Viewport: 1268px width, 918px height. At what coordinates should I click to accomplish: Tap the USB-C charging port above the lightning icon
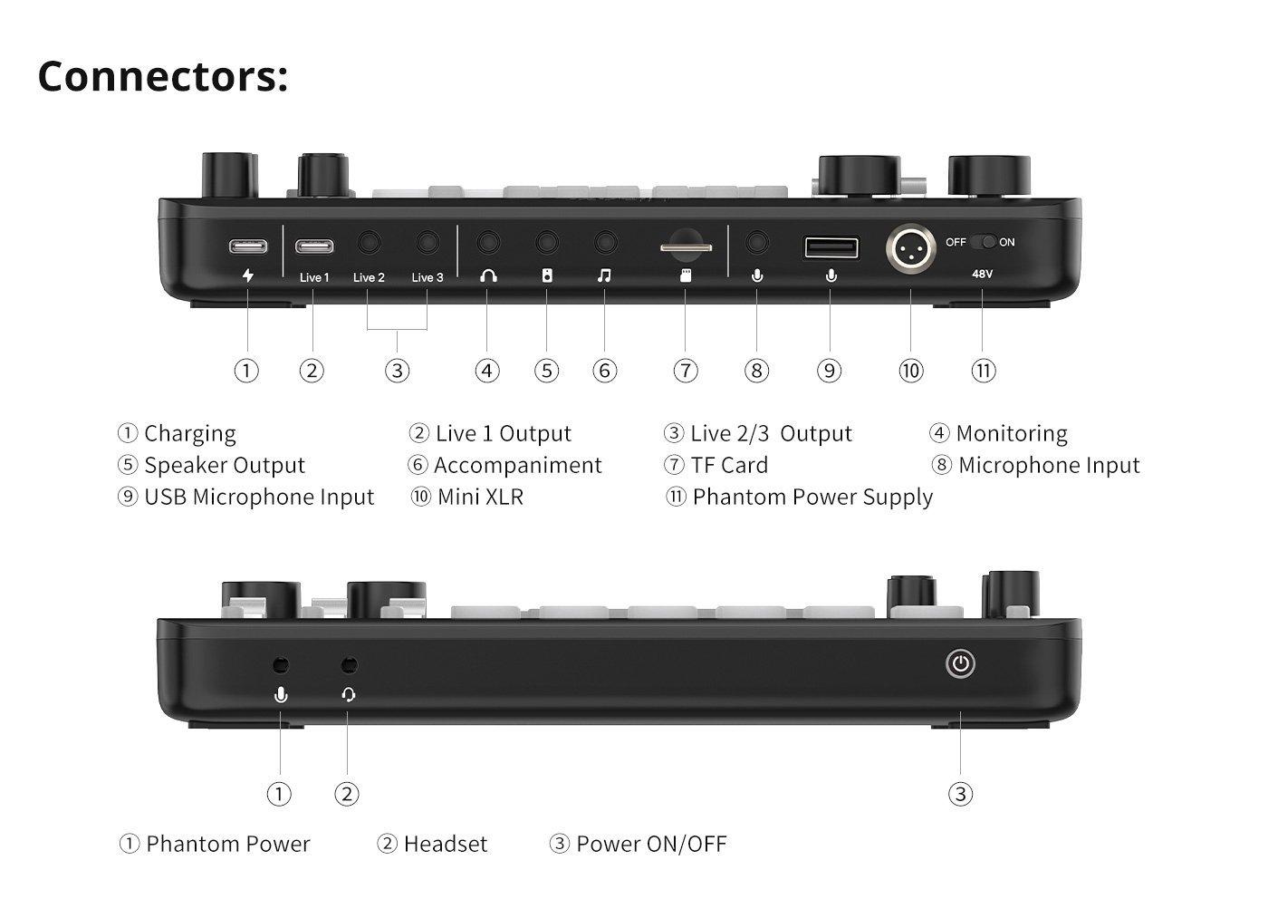click(x=248, y=246)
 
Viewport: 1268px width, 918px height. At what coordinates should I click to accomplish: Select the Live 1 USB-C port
click(x=314, y=246)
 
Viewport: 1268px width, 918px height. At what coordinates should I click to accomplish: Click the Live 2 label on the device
click(x=370, y=277)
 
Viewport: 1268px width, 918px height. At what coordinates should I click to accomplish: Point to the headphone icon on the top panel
click(x=488, y=275)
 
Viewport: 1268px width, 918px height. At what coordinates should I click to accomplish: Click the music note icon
click(x=605, y=275)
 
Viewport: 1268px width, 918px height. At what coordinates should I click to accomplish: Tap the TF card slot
click(x=686, y=247)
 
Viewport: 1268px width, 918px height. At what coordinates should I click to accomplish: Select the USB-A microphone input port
click(x=831, y=248)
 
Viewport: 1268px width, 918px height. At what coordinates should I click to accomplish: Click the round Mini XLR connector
click(x=911, y=248)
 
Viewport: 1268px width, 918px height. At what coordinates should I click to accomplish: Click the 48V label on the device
click(x=982, y=274)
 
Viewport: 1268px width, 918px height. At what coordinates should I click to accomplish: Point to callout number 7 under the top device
click(x=686, y=371)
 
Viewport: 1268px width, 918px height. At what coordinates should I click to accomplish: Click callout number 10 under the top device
click(x=911, y=371)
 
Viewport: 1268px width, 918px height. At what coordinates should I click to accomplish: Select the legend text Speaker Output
click(x=225, y=466)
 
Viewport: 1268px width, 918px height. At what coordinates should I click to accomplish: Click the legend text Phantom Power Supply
click(x=812, y=498)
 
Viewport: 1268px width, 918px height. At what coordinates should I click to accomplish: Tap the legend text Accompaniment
click(x=517, y=466)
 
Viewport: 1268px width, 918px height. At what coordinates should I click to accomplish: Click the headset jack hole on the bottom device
click(x=350, y=665)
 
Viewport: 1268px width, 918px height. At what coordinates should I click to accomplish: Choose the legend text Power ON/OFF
click(x=651, y=845)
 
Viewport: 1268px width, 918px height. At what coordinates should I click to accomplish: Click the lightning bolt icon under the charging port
click(x=248, y=275)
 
